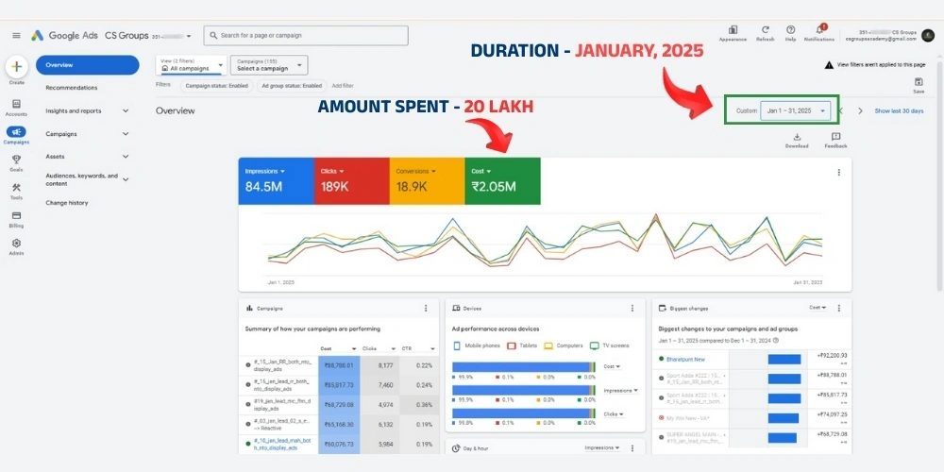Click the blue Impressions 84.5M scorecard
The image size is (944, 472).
[276, 180]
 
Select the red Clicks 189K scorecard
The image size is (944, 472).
[351, 180]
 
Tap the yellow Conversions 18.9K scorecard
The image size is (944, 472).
[427, 180]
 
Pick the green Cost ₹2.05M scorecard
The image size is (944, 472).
[502, 180]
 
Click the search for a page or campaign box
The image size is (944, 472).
[306, 35]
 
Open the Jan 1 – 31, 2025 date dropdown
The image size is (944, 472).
[796, 110]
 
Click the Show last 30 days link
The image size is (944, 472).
[899, 110]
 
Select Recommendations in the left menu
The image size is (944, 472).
[72, 88]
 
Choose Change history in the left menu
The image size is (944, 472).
[67, 202]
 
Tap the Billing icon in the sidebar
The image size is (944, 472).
[16, 218]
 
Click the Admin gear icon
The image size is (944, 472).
[16, 246]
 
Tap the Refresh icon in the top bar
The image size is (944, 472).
[766, 30]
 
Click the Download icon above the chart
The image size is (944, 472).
[797, 138]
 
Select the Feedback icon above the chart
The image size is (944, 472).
[835, 138]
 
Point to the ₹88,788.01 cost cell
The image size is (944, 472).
[339, 364]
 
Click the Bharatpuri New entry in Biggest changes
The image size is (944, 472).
[686, 359]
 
